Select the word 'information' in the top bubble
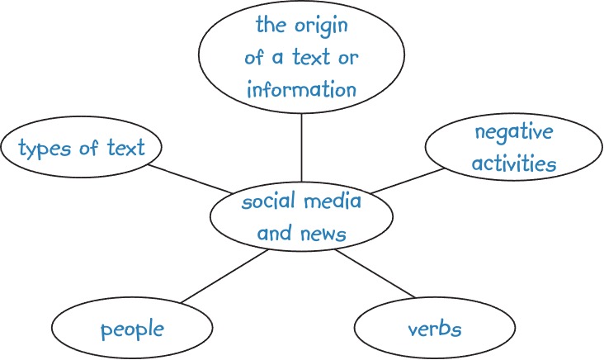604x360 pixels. (x=302, y=88)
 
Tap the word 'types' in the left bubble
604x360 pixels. (x=44, y=149)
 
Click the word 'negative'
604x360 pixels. (x=513, y=132)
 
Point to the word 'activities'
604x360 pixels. (x=513, y=163)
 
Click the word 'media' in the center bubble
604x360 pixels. (x=331, y=202)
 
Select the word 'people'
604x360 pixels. (x=132, y=330)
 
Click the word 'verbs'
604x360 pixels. (x=434, y=329)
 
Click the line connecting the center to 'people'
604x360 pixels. (x=223, y=277)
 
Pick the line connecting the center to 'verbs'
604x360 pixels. (x=375, y=274)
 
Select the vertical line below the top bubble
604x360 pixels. (x=302, y=149)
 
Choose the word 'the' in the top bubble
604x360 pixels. (x=270, y=26)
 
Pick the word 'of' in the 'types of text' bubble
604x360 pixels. (x=87, y=149)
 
